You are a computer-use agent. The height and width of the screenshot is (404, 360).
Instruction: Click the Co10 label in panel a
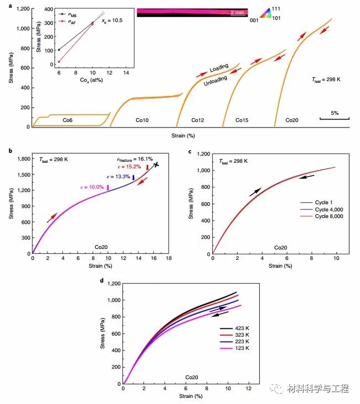pos(143,120)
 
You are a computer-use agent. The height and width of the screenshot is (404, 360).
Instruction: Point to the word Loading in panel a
pos(219,68)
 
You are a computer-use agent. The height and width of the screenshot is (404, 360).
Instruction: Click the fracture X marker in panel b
pos(157,164)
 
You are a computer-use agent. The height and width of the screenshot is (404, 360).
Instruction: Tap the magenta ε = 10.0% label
pos(92,188)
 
